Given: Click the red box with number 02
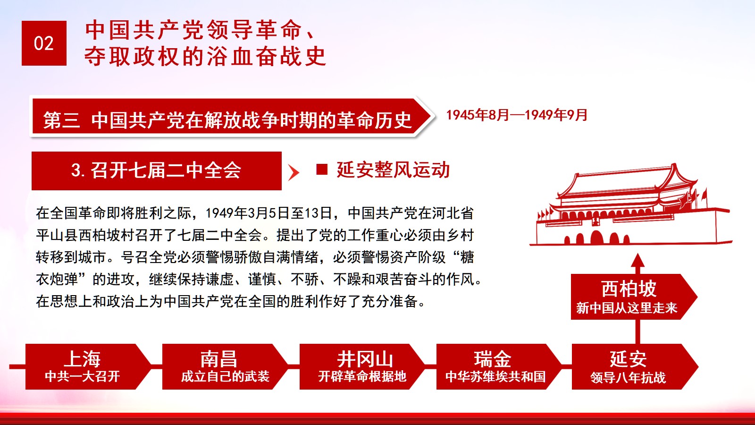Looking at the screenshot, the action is tap(44, 43).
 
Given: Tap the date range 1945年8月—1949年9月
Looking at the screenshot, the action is tap(517, 115).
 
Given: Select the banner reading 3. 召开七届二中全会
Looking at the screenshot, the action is tap(156, 170).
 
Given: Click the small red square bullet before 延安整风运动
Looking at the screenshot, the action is tap(321, 170).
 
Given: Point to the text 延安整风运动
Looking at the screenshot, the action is tap(393, 170).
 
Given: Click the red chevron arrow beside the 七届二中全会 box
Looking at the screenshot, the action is tap(294, 173).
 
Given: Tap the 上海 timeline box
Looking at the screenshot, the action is tap(88, 366).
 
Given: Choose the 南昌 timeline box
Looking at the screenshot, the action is tap(225, 366).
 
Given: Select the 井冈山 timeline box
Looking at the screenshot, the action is tap(362, 366).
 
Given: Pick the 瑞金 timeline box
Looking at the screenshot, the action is tap(499, 366).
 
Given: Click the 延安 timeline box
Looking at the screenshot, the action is tap(635, 366).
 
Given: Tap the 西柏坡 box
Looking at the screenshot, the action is tap(634, 297).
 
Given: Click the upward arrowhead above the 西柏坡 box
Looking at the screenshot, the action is tap(638, 261).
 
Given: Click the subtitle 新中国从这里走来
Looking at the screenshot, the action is tap(627, 307).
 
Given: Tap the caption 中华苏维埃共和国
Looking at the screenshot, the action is tap(495, 377).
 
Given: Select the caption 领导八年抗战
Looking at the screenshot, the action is tap(628, 377).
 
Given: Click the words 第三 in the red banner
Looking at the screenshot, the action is tap(61, 120).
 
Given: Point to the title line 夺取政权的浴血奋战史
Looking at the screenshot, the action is tap(205, 56).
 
